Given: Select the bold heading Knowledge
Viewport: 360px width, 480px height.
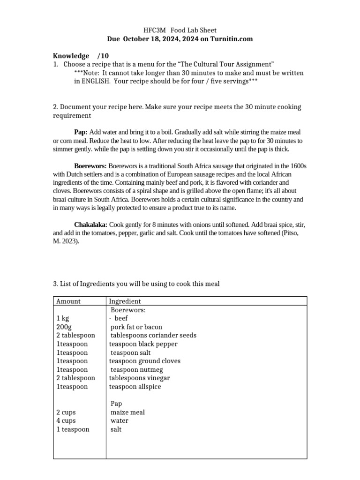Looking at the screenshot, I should tap(71, 56).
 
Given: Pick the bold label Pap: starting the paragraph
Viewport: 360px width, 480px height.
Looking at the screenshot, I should tap(81, 132).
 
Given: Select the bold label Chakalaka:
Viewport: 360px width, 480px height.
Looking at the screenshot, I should tap(91, 225).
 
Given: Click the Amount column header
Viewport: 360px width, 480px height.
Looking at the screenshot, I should tap(68, 301).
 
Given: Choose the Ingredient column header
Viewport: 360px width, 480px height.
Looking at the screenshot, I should tap(125, 301).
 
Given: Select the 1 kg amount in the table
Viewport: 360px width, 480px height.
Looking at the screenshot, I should tap(62, 318).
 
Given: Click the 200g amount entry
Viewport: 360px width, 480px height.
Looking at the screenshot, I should tap(63, 327).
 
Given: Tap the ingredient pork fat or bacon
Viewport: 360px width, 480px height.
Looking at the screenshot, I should tap(136, 327).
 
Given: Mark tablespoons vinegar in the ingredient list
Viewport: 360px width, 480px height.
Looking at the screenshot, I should tap(139, 378).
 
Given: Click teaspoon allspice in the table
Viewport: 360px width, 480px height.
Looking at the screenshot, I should tap(135, 387).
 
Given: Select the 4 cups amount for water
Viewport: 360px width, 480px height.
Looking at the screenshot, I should tap(66, 420).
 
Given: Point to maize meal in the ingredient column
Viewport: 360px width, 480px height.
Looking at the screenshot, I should tap(127, 412).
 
